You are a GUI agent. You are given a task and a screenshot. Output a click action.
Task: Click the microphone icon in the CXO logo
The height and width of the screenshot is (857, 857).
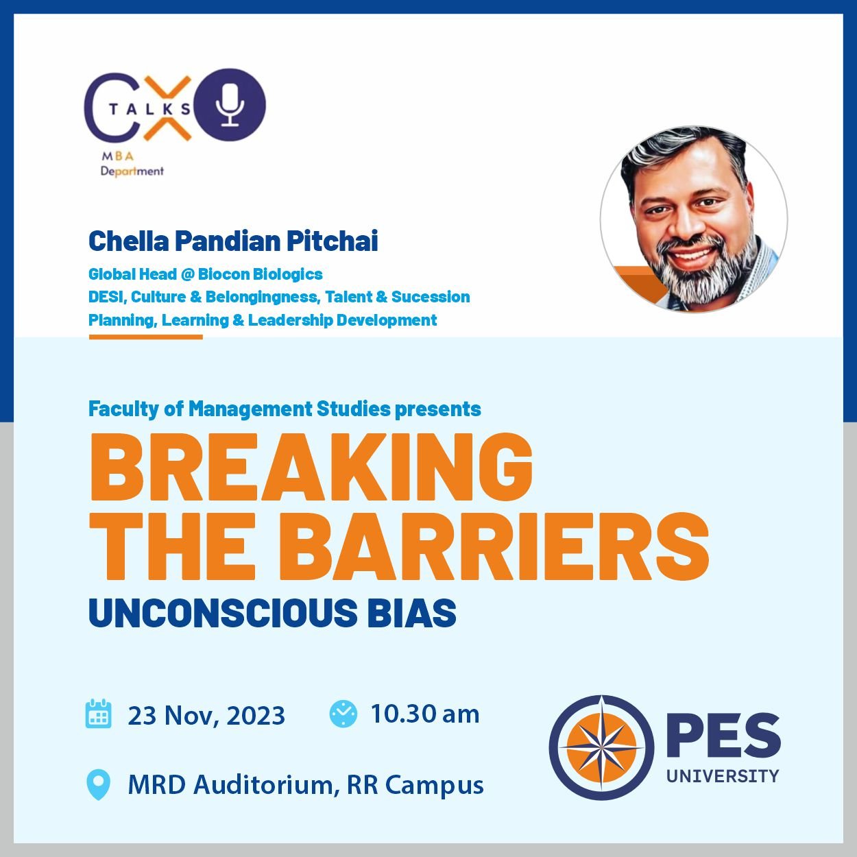(230, 105)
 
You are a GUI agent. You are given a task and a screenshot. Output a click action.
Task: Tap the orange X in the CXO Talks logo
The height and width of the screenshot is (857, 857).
(169, 108)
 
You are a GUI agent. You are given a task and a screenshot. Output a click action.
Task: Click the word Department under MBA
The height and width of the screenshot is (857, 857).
(132, 171)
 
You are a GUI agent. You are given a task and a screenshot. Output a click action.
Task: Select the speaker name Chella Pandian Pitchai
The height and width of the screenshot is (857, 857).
(233, 241)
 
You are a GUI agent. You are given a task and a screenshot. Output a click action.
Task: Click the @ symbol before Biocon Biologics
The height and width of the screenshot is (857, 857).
(187, 274)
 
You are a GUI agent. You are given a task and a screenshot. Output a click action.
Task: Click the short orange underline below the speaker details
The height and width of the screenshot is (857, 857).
(146, 337)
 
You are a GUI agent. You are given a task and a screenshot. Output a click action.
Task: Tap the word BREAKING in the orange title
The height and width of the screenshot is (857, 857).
(311, 467)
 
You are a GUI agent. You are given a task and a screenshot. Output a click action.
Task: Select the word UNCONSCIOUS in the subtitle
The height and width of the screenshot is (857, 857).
(223, 613)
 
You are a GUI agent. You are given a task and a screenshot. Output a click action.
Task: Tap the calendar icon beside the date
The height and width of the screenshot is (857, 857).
(98, 714)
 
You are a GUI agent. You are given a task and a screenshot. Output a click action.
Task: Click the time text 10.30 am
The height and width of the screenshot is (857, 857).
(424, 714)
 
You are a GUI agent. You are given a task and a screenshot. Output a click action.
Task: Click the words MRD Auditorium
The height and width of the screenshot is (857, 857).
(230, 785)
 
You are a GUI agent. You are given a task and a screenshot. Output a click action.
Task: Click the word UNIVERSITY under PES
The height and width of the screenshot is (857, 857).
(723, 776)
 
